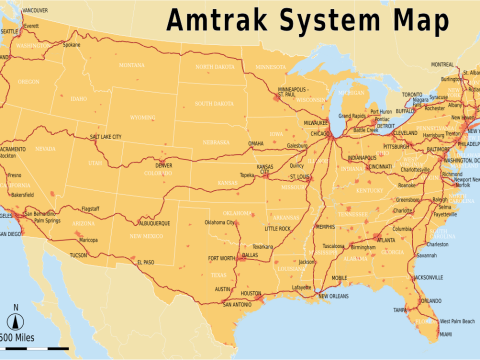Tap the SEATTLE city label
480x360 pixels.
point(11,31)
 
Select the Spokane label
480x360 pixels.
point(71,44)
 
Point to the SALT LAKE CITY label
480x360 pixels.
point(105,136)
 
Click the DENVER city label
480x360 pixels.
point(164,164)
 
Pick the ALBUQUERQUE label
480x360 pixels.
point(151,223)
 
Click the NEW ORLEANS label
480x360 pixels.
point(337,297)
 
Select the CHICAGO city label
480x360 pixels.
point(321,133)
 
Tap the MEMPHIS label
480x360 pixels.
point(325,226)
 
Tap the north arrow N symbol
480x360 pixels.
point(15,308)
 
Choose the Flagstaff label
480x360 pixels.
point(91,208)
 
